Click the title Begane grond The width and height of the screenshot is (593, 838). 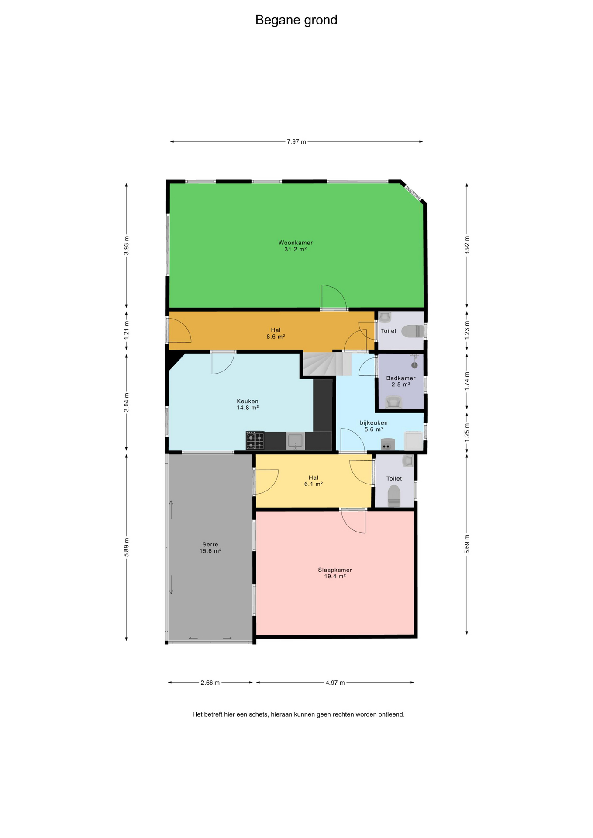coord(296,20)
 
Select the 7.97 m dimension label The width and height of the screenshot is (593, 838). coord(296,141)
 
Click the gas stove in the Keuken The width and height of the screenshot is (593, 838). coord(255,440)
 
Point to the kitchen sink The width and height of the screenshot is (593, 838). coord(296,441)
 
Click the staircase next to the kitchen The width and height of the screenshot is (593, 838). coord(328,364)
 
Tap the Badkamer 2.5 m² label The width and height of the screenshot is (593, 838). coord(401,381)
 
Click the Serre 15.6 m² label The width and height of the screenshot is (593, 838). coord(210,548)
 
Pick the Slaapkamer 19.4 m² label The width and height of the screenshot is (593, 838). coord(335,573)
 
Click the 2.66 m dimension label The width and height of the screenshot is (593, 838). coord(210,683)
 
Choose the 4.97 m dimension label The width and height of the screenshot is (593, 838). coord(335,683)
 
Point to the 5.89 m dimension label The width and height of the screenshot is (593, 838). coord(127,547)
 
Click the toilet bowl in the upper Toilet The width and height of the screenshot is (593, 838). coord(412,331)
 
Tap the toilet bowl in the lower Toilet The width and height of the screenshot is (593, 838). coord(394,496)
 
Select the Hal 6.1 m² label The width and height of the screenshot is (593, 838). coord(314,481)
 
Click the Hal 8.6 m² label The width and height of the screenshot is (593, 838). coord(276,333)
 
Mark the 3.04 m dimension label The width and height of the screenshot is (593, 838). coord(127,402)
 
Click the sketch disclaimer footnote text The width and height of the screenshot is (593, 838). coord(299,714)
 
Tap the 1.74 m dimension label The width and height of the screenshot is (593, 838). coord(467,381)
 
